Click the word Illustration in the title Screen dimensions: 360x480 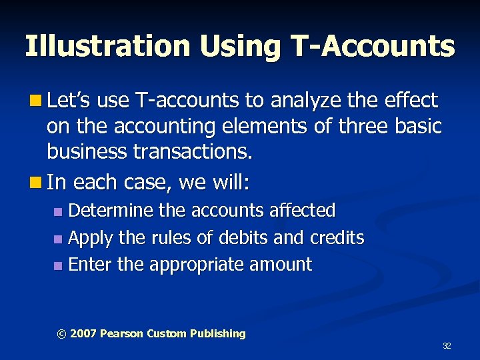pyautogui.click(x=106, y=47)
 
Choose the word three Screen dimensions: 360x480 pyautogui.click(x=351, y=127)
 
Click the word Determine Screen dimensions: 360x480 pyautogui.click(x=112, y=211)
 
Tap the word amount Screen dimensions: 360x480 pyautogui.click(x=281, y=265)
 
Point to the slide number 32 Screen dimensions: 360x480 pyautogui.click(x=447, y=346)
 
